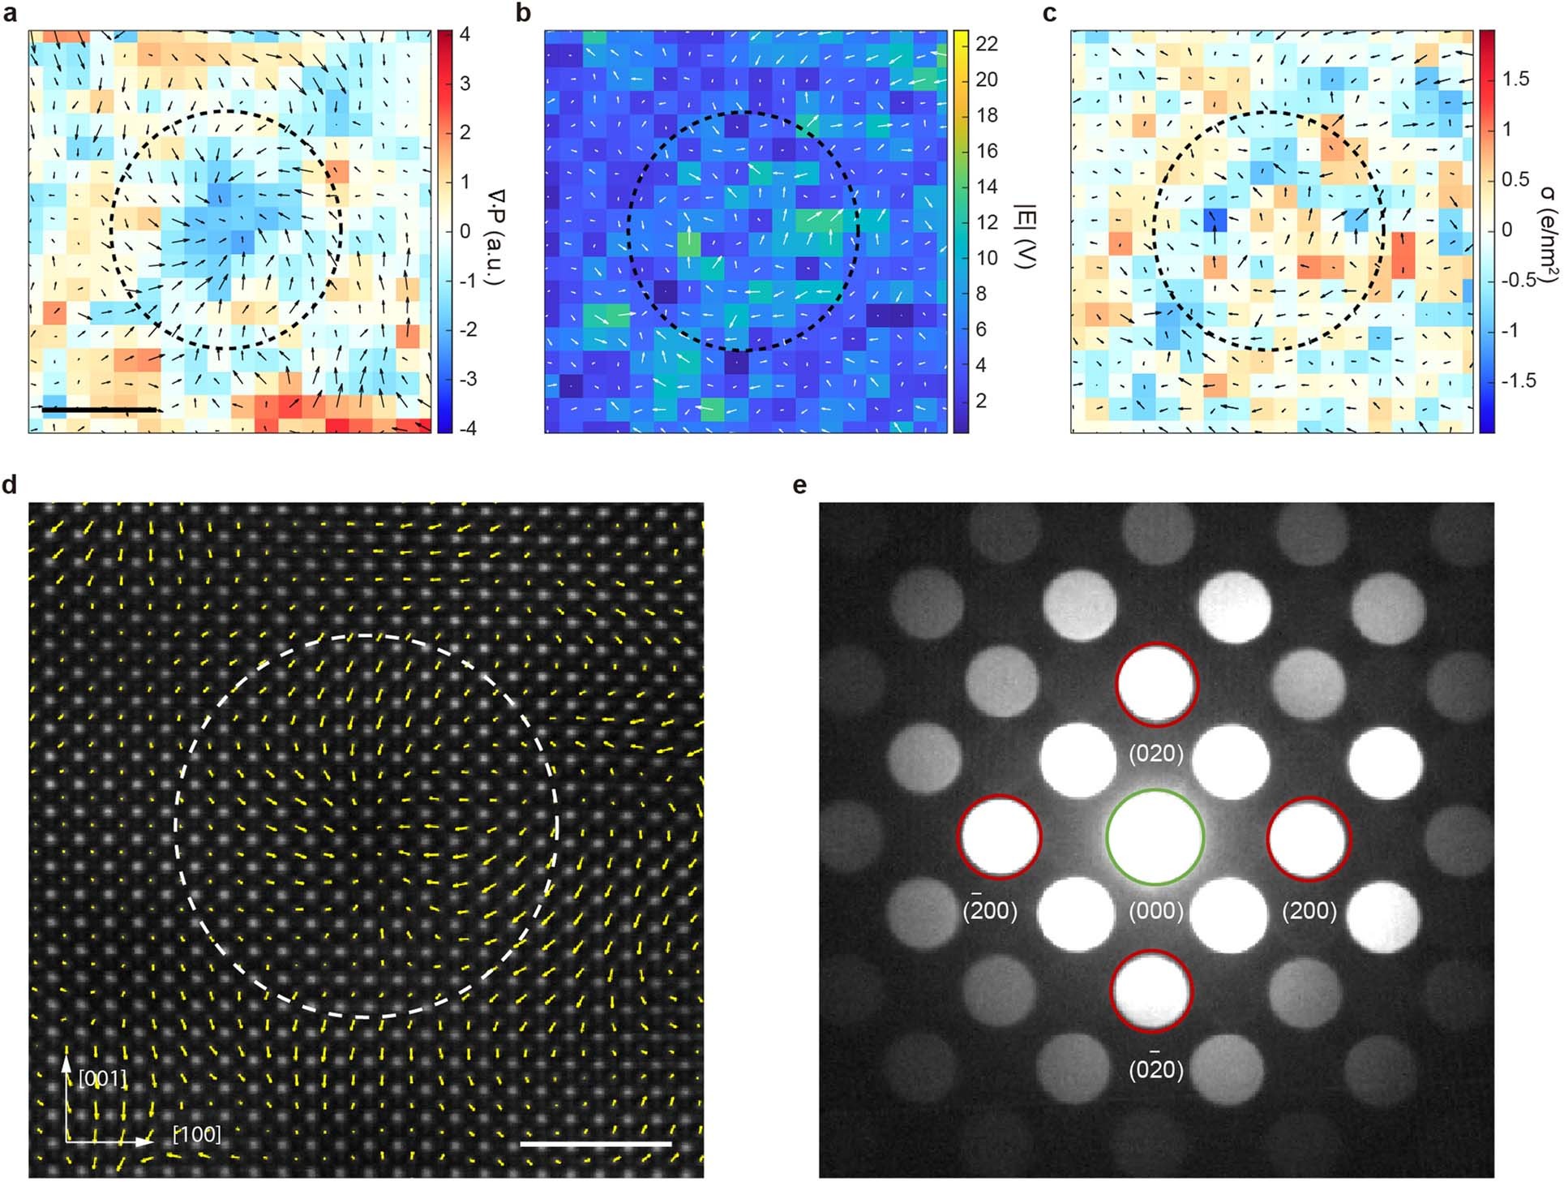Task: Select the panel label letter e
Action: point(799,486)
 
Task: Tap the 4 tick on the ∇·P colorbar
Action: point(465,35)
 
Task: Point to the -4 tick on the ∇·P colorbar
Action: point(466,428)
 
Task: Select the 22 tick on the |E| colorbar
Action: point(986,44)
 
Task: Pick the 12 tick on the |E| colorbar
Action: point(986,222)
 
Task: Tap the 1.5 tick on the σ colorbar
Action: point(1515,79)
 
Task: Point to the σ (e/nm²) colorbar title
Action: point(1546,231)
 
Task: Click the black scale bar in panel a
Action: point(99,410)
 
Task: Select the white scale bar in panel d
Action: point(595,1144)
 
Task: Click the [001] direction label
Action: point(103,1078)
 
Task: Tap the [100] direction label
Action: point(196,1134)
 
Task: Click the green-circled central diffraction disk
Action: point(1155,836)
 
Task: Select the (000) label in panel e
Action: point(1155,910)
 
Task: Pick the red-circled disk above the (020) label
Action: point(1157,686)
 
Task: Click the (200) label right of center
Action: point(1309,910)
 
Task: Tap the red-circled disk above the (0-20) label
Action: point(1151,991)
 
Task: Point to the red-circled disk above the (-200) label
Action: point(1000,836)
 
